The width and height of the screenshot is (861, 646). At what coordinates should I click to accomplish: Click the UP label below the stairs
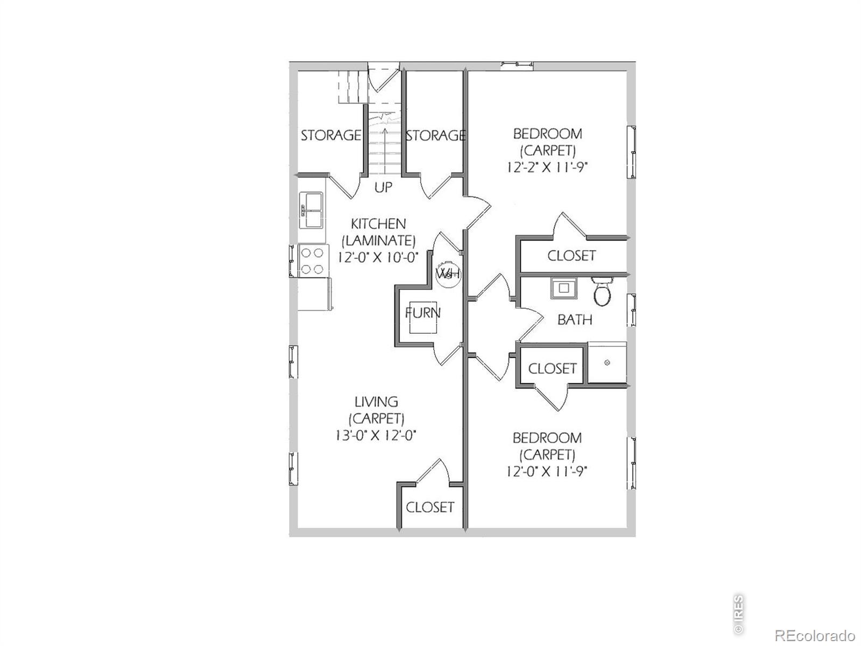pyautogui.click(x=383, y=187)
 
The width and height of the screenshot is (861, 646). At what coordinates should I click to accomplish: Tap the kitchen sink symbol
pyautogui.click(x=312, y=210)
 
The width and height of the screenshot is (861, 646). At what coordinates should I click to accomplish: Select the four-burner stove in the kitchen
pyautogui.click(x=313, y=261)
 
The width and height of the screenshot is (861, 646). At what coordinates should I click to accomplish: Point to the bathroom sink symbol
pyautogui.click(x=563, y=289)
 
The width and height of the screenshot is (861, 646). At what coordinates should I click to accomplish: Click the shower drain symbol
pyautogui.click(x=607, y=362)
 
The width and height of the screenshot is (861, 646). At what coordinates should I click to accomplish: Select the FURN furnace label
pyautogui.click(x=423, y=313)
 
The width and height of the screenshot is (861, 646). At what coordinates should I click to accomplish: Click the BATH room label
pyautogui.click(x=575, y=320)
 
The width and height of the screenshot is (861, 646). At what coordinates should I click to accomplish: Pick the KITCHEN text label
pyautogui.click(x=378, y=224)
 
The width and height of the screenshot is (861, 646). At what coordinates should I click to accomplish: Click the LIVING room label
pyautogui.click(x=376, y=402)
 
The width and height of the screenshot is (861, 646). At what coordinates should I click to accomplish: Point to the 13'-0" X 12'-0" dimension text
pyautogui.click(x=376, y=436)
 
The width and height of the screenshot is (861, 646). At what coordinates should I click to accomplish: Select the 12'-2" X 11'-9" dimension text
pyautogui.click(x=547, y=167)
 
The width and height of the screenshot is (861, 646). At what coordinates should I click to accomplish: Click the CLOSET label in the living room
pyautogui.click(x=430, y=507)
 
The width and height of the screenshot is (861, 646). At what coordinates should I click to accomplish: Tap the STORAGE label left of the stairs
pyautogui.click(x=330, y=135)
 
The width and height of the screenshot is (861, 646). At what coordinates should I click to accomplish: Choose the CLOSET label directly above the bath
pyautogui.click(x=571, y=256)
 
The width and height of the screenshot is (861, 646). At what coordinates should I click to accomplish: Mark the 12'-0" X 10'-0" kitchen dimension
pyautogui.click(x=378, y=258)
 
